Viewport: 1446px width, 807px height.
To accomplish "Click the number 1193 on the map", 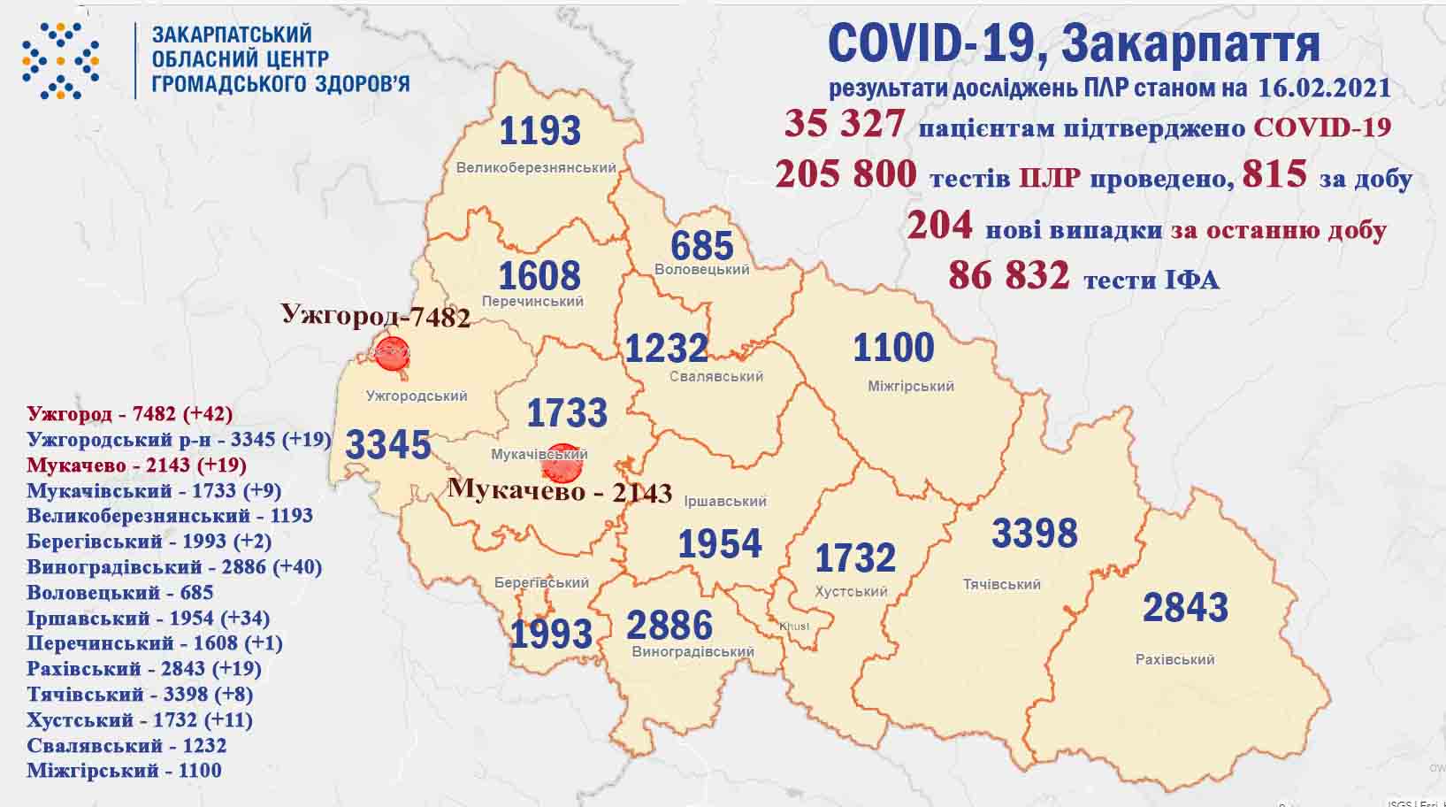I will [x=539, y=131].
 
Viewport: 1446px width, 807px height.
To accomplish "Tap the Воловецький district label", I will [x=702, y=270].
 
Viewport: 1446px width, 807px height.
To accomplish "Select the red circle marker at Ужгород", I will [x=392, y=352].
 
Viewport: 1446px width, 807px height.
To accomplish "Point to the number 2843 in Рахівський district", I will [x=1185, y=608].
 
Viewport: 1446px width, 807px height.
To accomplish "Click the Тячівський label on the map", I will [x=1001, y=584].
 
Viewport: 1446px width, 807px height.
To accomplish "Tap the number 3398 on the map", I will [x=1034, y=534].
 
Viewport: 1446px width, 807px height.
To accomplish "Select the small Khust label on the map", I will [x=793, y=626].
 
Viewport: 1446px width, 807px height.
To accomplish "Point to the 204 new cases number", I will [x=938, y=226].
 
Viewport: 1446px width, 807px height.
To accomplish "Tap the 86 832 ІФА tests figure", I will [x=1008, y=276].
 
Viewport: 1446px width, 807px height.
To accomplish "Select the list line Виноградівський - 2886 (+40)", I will [x=174, y=566].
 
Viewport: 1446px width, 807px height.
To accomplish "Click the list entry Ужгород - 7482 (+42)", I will [x=129, y=413].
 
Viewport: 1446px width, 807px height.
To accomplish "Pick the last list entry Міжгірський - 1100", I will [x=124, y=770].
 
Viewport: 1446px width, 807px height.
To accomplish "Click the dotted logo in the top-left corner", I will [x=60, y=60].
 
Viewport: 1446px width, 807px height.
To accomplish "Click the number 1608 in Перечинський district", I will [x=539, y=275].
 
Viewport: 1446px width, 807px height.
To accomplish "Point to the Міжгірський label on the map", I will [x=911, y=386].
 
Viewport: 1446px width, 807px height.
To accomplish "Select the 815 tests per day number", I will [x=1274, y=174].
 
